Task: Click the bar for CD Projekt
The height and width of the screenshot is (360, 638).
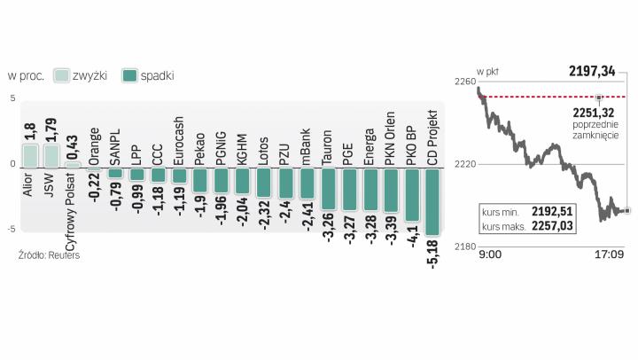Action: (x=432, y=202)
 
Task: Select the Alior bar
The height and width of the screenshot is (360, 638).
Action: (x=29, y=156)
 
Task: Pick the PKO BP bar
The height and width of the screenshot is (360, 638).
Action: (x=411, y=195)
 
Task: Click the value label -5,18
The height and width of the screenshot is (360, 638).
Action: (x=432, y=254)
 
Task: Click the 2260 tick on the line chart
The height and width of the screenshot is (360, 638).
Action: (x=463, y=82)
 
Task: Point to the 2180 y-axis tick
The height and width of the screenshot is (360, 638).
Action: (x=463, y=245)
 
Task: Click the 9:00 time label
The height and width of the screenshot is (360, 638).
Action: (x=489, y=254)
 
